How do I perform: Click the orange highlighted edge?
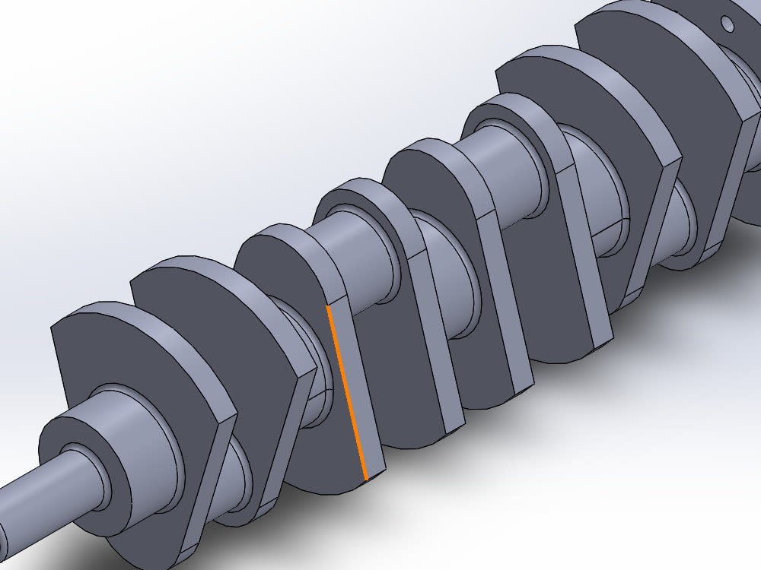click(x=346, y=391)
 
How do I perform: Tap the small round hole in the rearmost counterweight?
click(x=728, y=25)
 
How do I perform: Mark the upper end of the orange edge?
click(x=327, y=306)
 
